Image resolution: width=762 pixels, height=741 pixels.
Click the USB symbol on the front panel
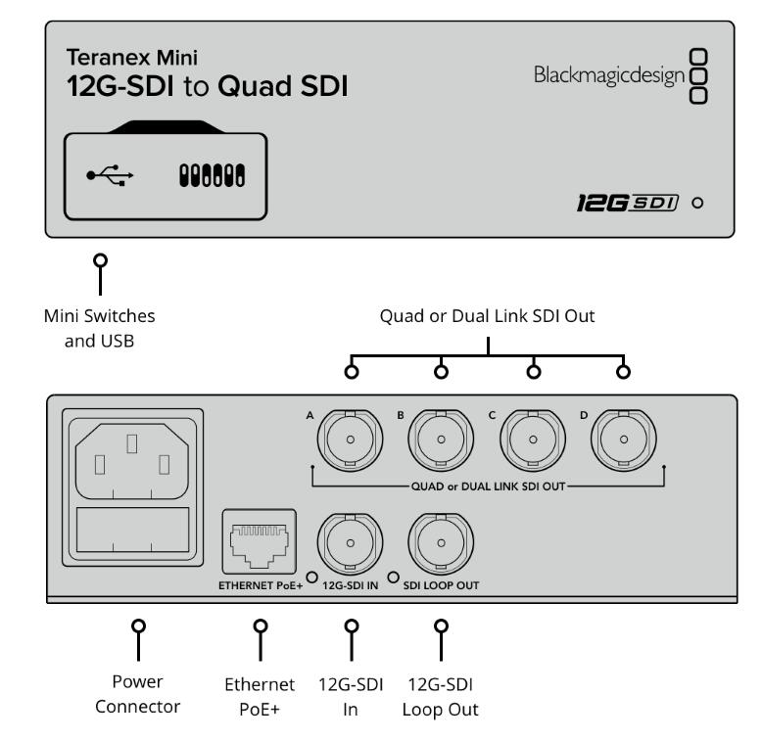click(110, 175)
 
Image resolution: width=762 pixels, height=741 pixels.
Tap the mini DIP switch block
click(212, 175)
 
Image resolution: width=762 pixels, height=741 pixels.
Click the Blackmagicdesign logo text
click(609, 76)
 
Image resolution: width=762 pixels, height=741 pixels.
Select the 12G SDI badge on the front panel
click(628, 203)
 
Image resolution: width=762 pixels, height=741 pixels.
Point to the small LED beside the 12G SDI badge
click(697, 203)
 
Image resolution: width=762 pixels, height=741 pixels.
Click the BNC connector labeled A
click(351, 440)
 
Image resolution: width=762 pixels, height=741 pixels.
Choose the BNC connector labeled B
click(441, 440)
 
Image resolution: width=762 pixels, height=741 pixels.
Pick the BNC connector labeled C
click(533, 440)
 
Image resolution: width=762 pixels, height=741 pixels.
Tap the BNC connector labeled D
click(624, 440)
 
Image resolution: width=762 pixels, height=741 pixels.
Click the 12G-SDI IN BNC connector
click(351, 543)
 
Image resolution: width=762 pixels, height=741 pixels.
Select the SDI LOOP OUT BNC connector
click(441, 543)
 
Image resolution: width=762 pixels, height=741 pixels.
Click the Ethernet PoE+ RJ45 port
click(259, 542)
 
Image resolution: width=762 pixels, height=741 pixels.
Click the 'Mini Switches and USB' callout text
click(100, 328)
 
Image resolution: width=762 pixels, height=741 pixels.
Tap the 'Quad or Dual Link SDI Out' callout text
click(488, 316)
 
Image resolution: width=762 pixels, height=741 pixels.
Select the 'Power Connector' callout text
click(138, 694)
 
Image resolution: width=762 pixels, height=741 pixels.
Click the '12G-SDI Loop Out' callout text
click(441, 697)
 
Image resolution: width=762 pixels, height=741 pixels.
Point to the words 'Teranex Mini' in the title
click(132, 58)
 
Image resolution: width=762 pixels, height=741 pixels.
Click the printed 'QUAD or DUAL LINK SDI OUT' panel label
click(489, 486)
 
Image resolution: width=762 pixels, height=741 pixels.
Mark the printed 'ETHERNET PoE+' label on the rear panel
click(261, 585)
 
